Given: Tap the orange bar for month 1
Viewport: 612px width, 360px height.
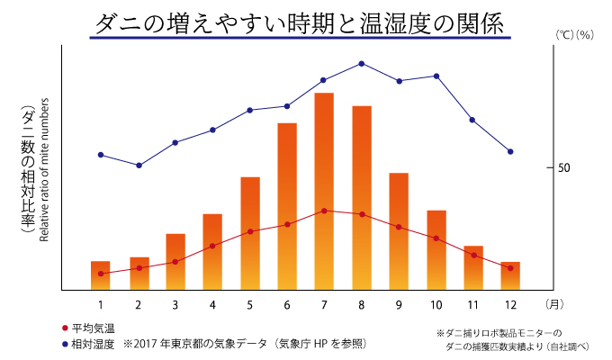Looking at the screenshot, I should pos(101,275).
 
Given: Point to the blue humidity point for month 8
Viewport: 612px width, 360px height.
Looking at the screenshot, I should pos(361,64).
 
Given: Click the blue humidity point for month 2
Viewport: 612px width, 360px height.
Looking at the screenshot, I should pos(139,166).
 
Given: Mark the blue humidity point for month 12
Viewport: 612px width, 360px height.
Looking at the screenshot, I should pos(510,151).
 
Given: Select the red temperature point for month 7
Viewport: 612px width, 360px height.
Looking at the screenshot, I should pos(324,211).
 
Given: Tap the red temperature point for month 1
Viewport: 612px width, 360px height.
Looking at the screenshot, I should pos(101,274).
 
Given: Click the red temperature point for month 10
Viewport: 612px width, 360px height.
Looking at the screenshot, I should pos(436,238).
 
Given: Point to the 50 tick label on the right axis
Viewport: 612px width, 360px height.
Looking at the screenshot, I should pos(564,168).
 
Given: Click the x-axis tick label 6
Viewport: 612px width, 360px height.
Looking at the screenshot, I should pos(286,303).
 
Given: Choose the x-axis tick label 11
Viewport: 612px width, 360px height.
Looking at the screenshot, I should pos(473,303).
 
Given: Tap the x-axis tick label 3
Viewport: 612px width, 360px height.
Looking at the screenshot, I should pos(175,303).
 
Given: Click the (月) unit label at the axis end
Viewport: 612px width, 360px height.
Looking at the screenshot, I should pos(555,303).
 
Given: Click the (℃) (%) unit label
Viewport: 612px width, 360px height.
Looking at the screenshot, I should pos(572,34).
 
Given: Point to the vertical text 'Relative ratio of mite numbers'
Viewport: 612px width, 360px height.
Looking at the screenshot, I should pos(43,175).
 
